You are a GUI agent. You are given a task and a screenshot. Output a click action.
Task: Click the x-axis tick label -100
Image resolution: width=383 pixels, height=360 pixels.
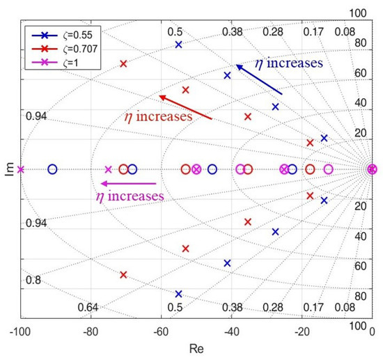coord(19,332)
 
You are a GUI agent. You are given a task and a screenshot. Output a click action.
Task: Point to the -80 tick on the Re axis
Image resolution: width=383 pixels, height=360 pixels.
coord(90,332)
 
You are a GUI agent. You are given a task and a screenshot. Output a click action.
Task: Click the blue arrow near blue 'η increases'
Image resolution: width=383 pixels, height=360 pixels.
coord(258,79)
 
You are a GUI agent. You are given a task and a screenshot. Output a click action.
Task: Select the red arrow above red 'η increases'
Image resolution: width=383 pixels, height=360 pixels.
coord(185,107)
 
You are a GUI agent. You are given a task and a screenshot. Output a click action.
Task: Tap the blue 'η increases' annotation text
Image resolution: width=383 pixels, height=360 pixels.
coord(288,63)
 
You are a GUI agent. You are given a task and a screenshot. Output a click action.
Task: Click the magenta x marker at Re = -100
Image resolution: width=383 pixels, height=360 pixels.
coord(20,169)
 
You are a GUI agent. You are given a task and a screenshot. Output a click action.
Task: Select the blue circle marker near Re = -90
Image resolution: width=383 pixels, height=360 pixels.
coord(52,169)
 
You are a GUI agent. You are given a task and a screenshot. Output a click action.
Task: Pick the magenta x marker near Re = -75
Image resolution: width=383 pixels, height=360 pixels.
coord(108,169)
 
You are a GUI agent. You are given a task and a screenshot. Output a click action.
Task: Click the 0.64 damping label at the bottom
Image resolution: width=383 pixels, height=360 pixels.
coord(87,307)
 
